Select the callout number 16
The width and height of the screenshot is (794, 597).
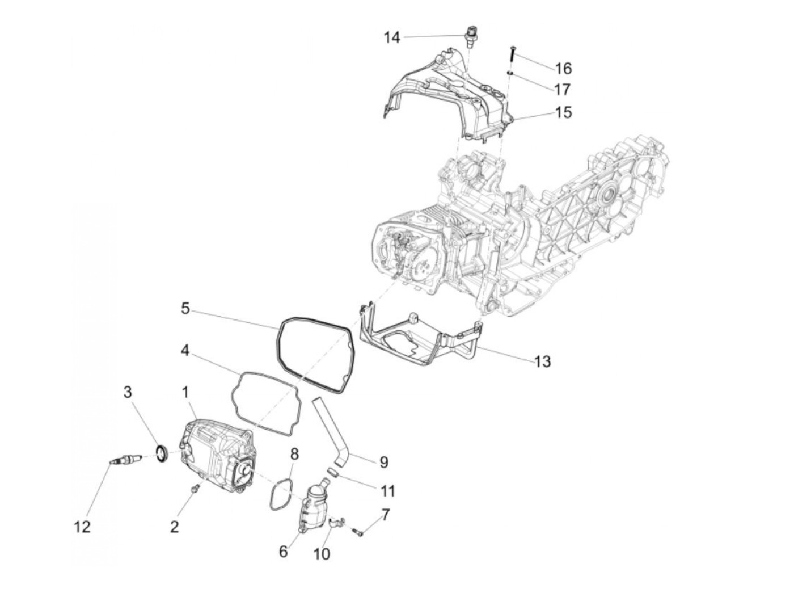pos(563,69)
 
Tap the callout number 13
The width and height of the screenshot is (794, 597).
pos(542,361)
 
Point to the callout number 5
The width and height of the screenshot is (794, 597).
pos(185,309)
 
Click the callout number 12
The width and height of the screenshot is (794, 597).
pos(82,527)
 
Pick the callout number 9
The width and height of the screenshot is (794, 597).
pos(383,462)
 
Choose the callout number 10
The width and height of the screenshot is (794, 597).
pos(322,553)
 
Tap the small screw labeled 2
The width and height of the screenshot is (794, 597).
pos(196,487)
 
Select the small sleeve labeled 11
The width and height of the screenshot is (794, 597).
pos(335,471)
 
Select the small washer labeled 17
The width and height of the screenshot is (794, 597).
pos(510,73)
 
